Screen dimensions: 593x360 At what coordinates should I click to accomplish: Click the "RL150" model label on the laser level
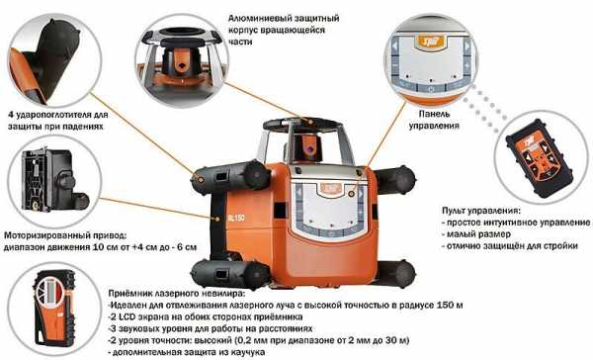[236, 218]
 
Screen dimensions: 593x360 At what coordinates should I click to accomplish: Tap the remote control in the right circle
[539, 157]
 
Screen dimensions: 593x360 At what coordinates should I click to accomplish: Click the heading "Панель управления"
[434, 120]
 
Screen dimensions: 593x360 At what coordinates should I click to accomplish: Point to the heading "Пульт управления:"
[480, 211]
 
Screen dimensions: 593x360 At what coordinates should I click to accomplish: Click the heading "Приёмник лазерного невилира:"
[176, 294]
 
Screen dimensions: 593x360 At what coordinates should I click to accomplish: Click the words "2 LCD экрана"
[134, 316]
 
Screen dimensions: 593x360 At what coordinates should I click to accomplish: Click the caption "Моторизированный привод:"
[64, 235]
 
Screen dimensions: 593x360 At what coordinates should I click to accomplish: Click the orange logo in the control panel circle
[431, 41]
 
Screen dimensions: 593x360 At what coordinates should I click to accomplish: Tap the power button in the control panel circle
[431, 89]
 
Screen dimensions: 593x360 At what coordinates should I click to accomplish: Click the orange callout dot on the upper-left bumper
[200, 178]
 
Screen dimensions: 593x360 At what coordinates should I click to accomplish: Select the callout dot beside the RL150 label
[217, 220]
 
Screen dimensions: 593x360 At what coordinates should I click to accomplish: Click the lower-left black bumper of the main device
[230, 274]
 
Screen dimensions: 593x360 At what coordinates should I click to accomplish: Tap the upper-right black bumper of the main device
[395, 180]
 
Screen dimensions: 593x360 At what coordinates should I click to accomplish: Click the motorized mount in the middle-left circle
[54, 180]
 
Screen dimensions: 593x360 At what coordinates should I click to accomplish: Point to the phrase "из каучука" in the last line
[244, 352]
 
